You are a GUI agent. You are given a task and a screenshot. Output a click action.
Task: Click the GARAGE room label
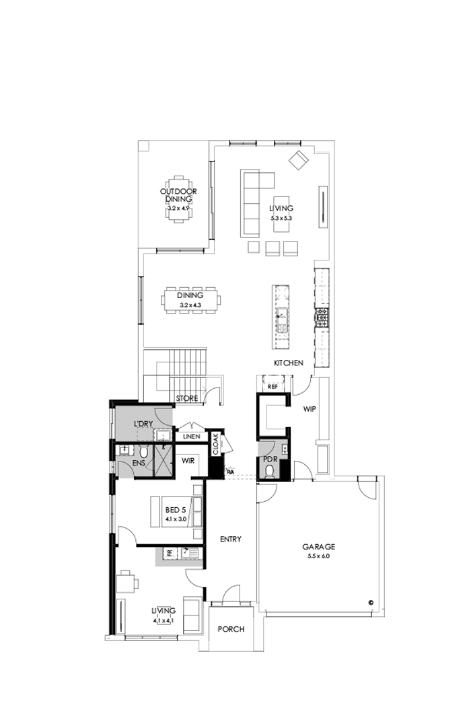click(318, 547)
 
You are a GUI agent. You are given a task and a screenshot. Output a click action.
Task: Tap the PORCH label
click(231, 630)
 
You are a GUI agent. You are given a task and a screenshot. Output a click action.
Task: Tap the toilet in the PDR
click(269, 471)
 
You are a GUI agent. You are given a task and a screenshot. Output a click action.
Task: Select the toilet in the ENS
click(123, 451)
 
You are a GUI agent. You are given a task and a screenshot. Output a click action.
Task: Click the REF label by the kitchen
click(273, 387)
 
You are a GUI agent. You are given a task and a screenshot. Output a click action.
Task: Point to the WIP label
click(309, 408)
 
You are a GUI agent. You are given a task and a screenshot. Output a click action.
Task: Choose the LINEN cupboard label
click(191, 437)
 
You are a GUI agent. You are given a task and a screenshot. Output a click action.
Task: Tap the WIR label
click(188, 461)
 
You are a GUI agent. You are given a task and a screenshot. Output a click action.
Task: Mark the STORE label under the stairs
click(186, 399)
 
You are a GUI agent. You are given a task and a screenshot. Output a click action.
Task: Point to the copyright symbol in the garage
click(370, 603)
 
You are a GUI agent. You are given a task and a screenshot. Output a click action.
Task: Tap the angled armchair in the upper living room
click(298, 159)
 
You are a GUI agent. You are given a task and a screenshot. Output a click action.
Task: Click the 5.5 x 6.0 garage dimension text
click(318, 556)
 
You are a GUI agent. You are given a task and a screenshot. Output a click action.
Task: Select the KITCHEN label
click(288, 363)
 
